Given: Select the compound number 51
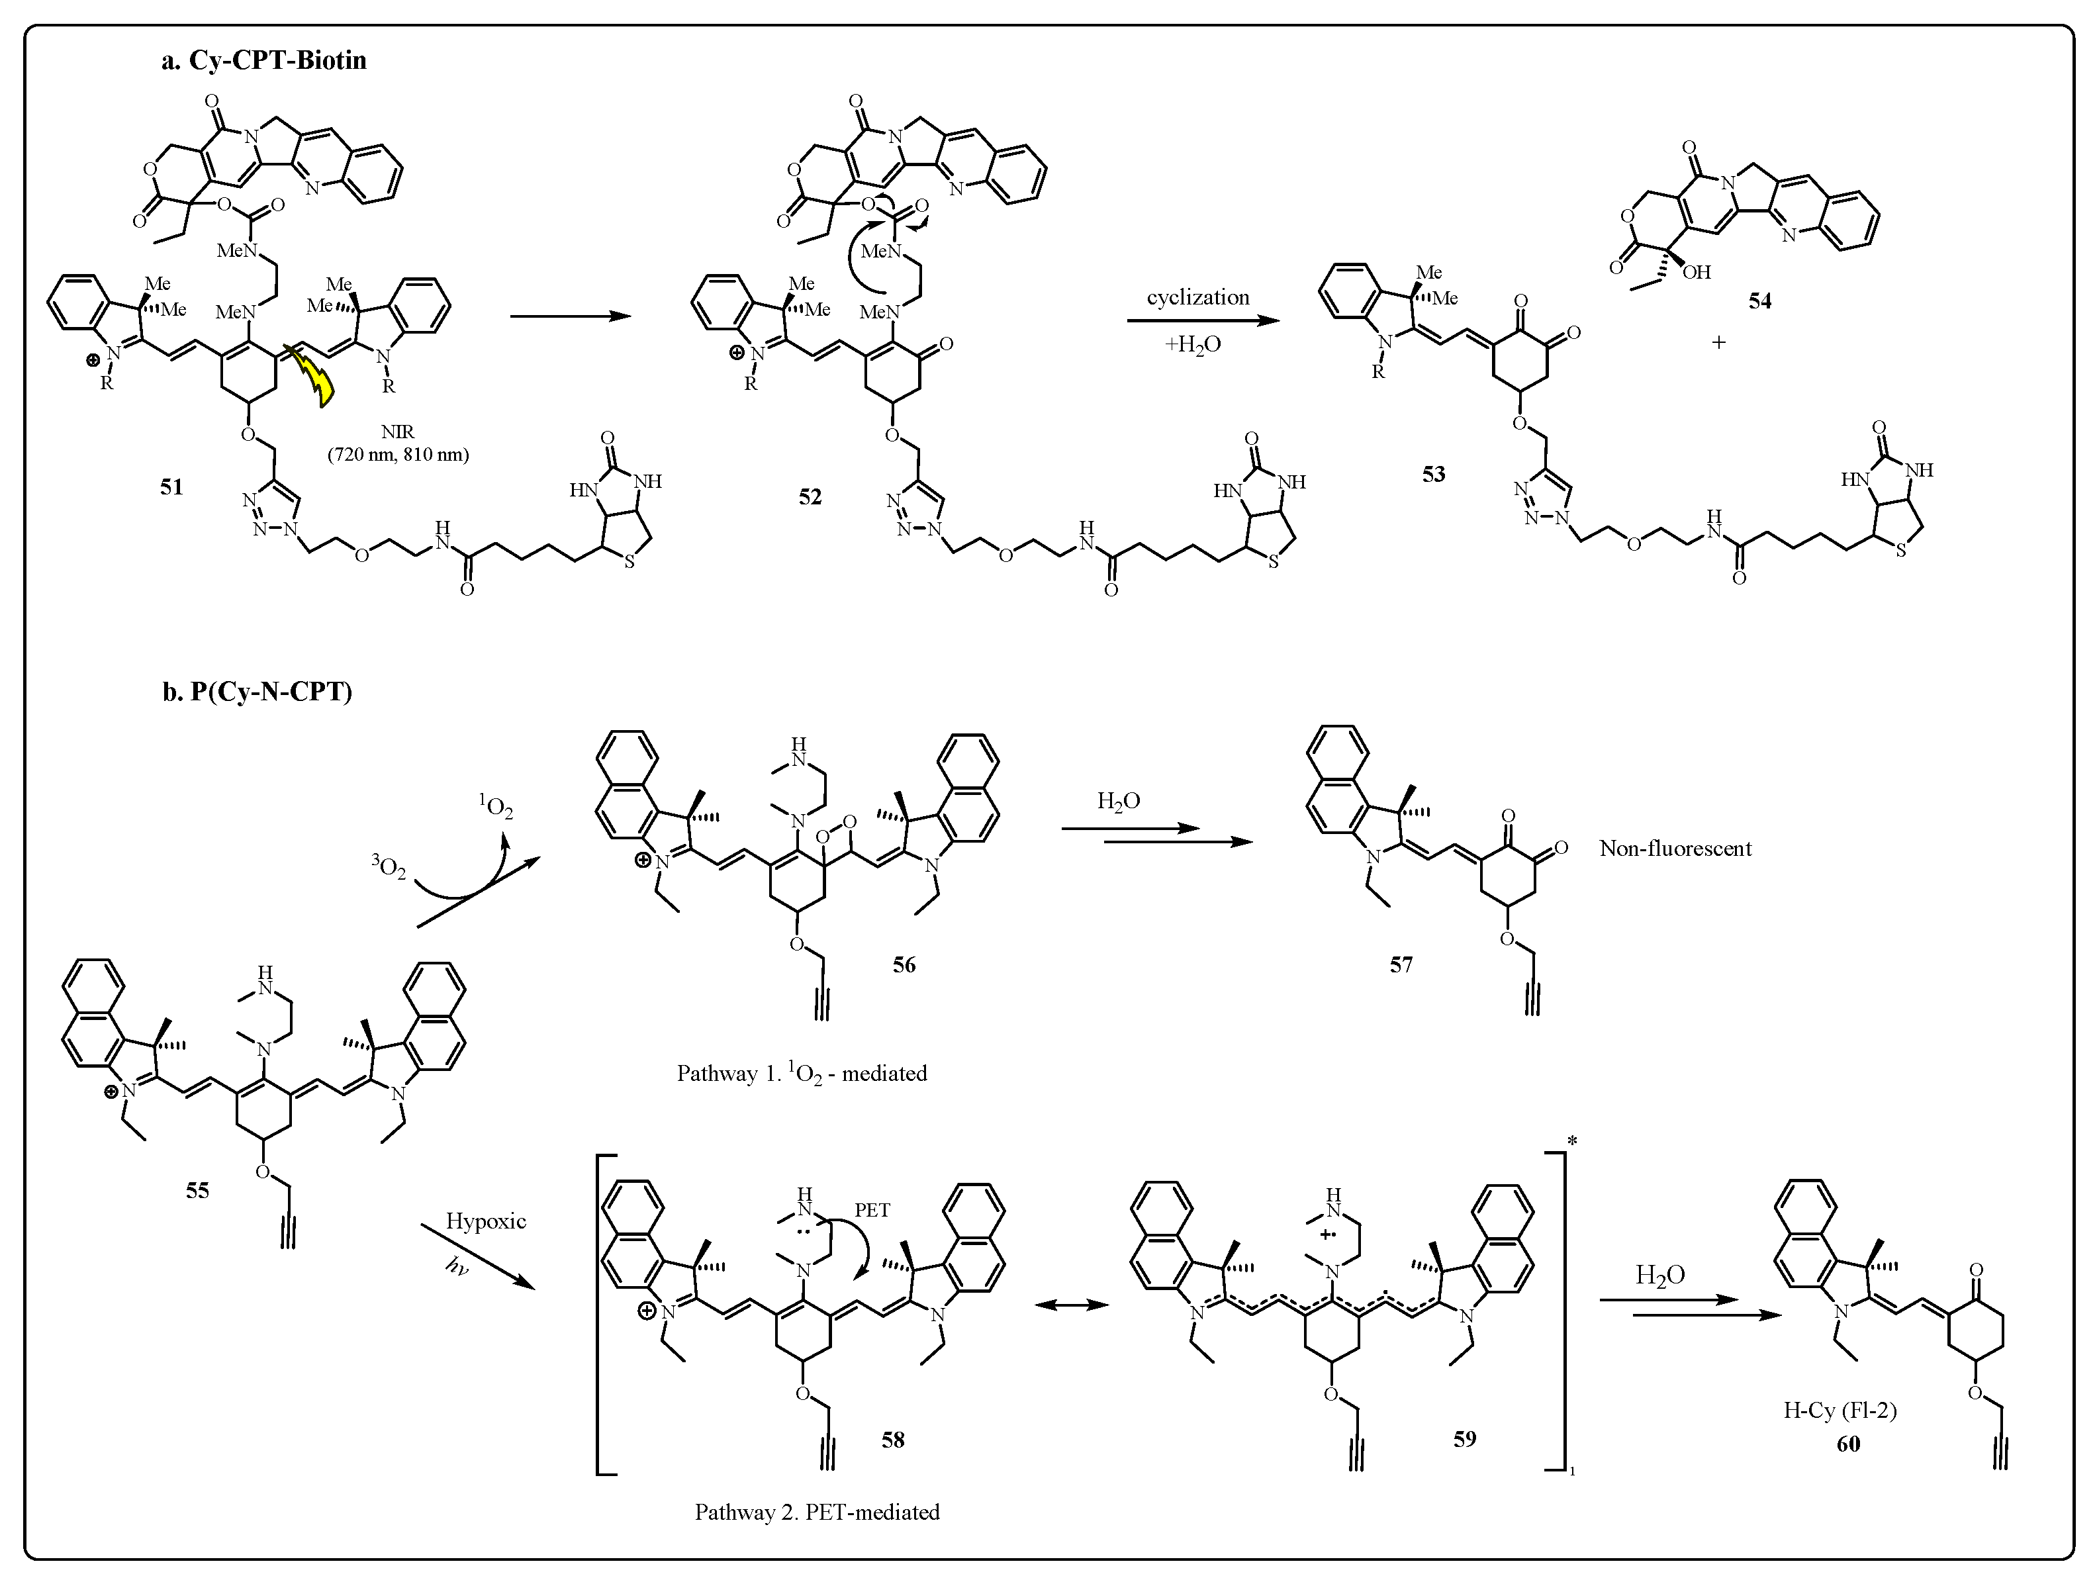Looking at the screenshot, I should [x=171, y=487].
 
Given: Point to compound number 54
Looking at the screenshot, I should [x=1759, y=301].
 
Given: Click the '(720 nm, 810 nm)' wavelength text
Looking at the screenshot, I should [x=398, y=455].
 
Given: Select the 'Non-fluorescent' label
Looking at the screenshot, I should [x=1675, y=849].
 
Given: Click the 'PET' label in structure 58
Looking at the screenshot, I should [x=872, y=1211].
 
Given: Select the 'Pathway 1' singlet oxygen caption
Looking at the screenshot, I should [x=801, y=1073].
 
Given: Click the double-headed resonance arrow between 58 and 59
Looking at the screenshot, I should [x=1071, y=1305].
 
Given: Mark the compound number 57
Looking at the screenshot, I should [x=1401, y=965].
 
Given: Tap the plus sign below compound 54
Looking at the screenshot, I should [x=1719, y=342].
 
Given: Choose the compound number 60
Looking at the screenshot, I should [x=1847, y=1444].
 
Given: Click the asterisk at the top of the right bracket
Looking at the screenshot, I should [x=1572, y=1140].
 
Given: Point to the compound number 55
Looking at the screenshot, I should [x=197, y=1190].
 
